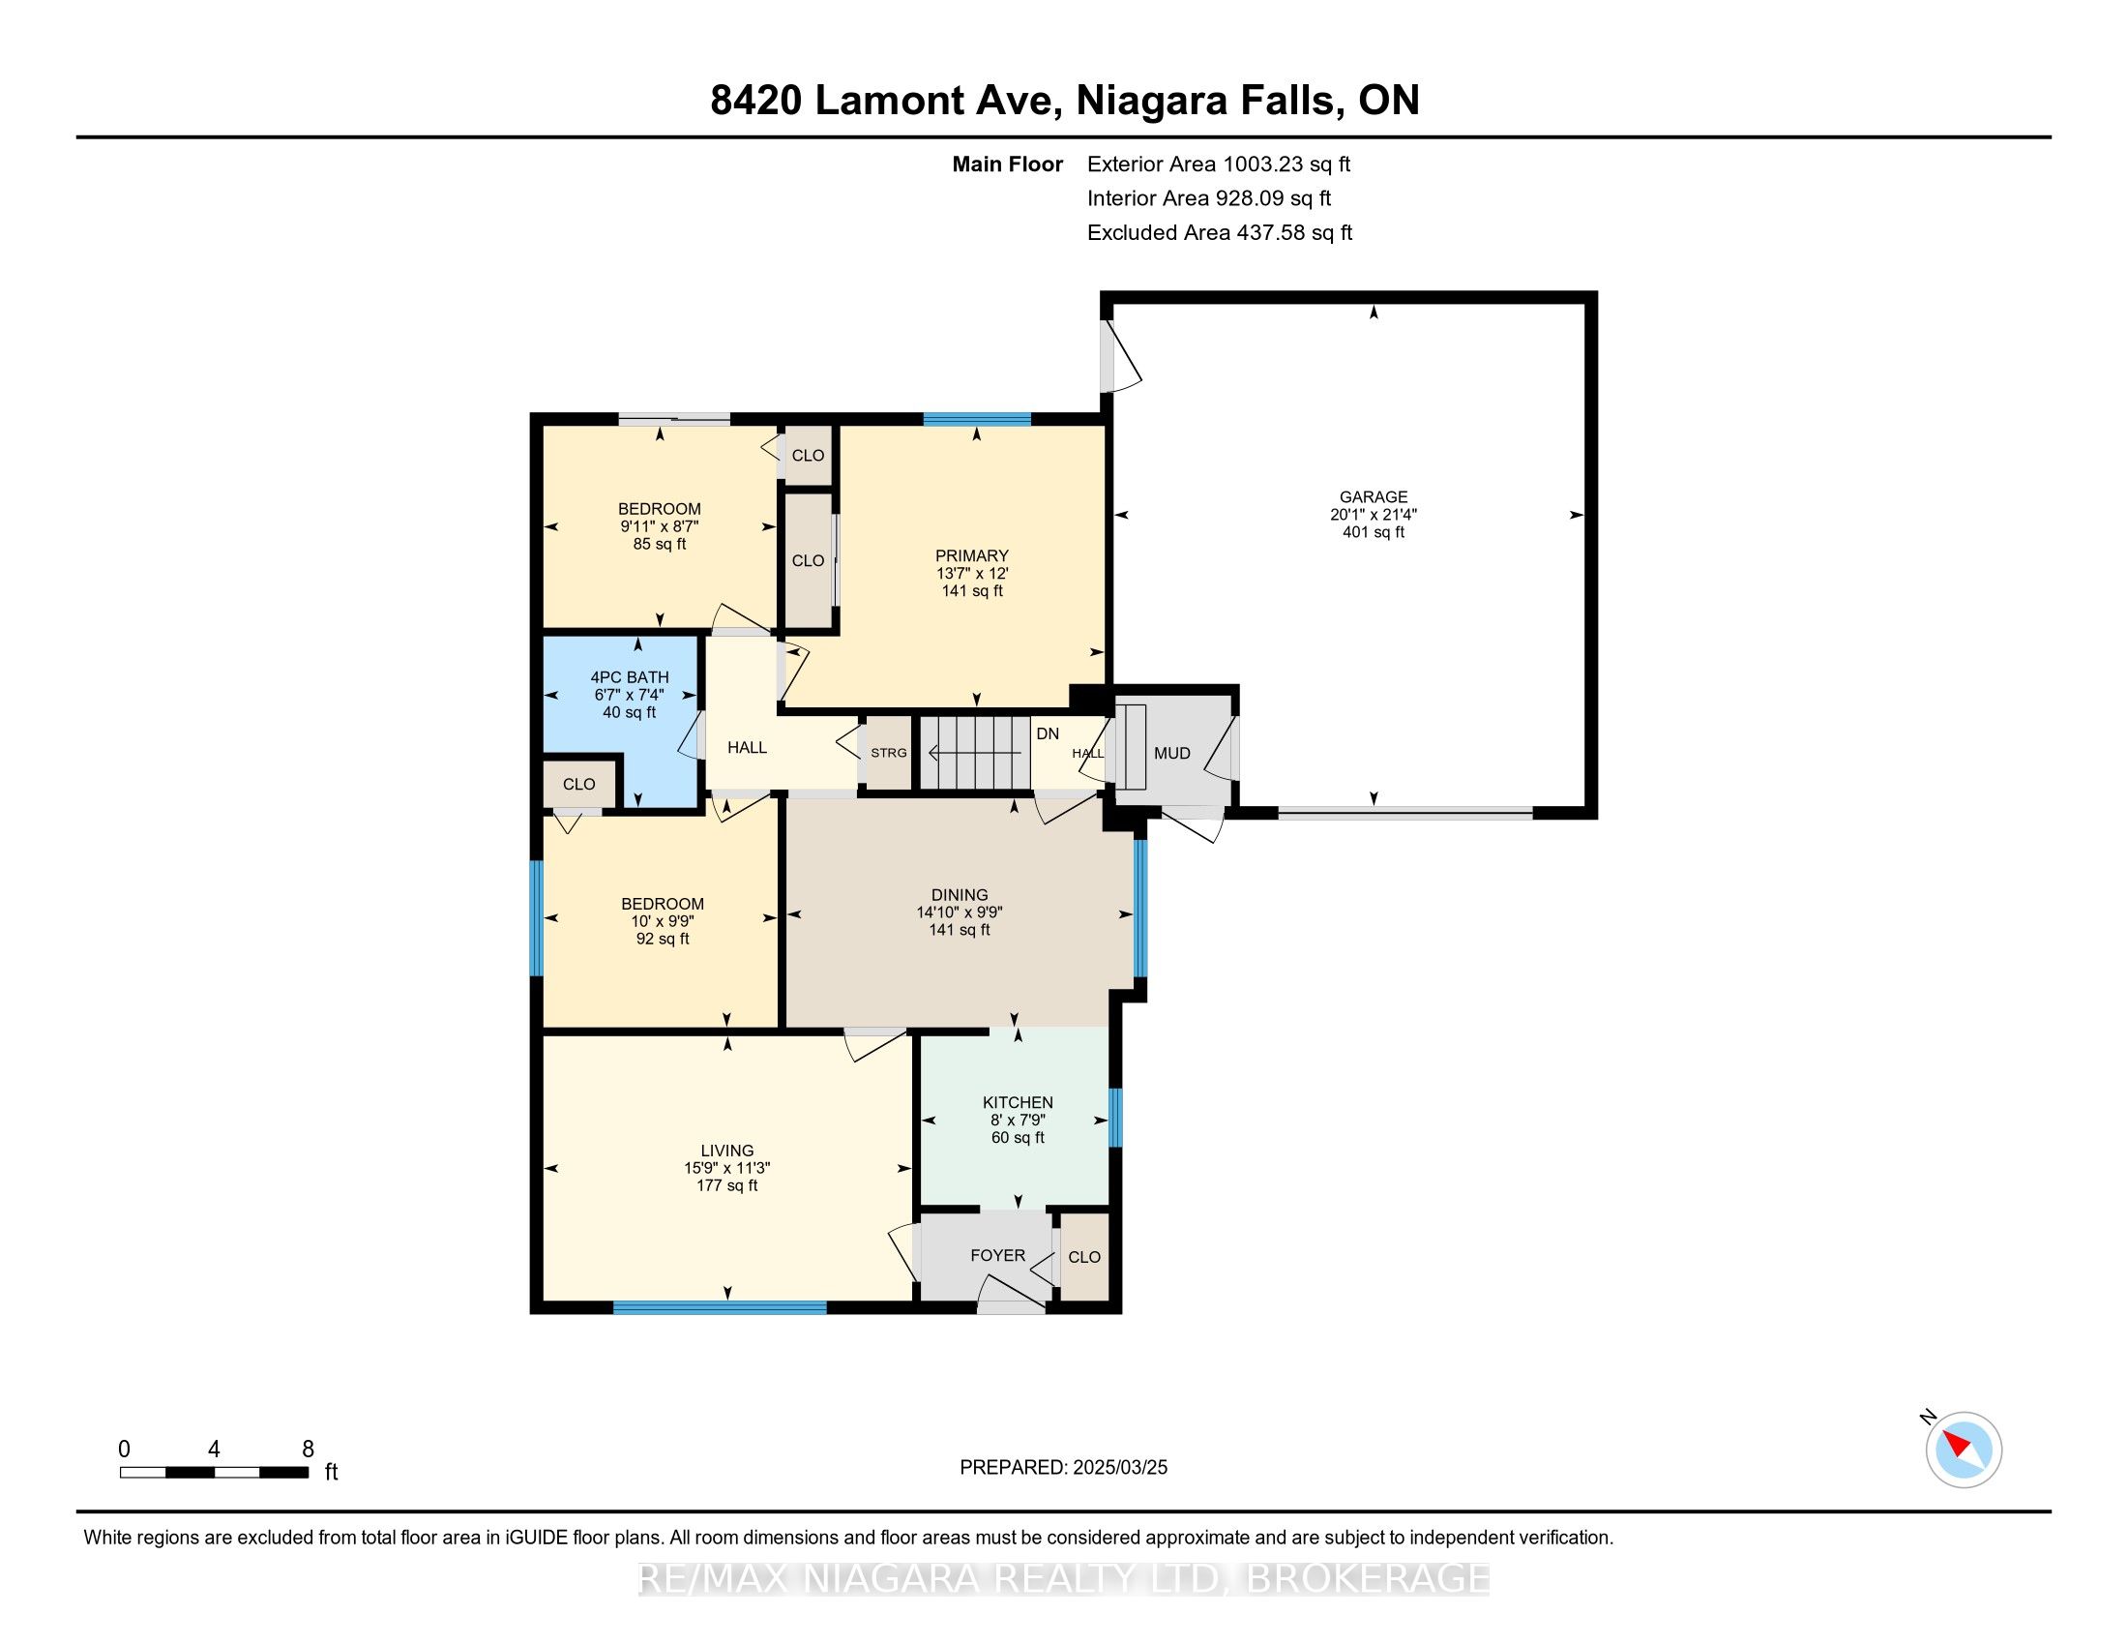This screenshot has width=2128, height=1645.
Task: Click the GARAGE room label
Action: pyautogui.click(x=1373, y=497)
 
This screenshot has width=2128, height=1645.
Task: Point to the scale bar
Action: pyautogui.click(x=215, y=1472)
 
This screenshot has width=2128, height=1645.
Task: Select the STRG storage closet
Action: pyautogui.click(x=889, y=752)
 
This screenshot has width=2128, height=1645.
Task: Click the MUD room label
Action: pyautogui.click(x=1172, y=753)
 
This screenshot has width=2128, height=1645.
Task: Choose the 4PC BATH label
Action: pyautogui.click(x=630, y=677)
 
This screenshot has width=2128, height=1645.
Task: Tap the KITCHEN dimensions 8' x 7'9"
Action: pyautogui.click(x=1018, y=1120)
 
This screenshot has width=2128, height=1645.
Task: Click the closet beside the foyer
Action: pyautogui.click(x=1083, y=1256)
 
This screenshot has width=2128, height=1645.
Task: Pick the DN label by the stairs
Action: pyautogui.click(x=1048, y=733)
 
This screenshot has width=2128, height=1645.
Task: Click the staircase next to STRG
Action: pyautogui.click(x=975, y=752)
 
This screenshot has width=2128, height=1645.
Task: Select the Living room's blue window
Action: pyautogui.click(x=720, y=1308)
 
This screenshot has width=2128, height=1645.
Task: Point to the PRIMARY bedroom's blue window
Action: pyautogui.click(x=977, y=420)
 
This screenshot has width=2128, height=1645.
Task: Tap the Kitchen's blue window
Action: pyautogui.click(x=1115, y=1117)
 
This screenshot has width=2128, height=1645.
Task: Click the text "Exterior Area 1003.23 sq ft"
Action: pyautogui.click(x=1219, y=164)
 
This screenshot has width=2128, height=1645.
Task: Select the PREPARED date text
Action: pyautogui.click(x=1063, y=1467)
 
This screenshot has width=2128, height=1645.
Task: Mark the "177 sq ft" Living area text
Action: pyautogui.click(x=726, y=1185)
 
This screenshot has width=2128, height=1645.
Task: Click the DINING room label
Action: pyautogui.click(x=959, y=895)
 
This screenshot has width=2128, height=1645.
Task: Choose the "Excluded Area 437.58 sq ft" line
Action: pyautogui.click(x=1220, y=232)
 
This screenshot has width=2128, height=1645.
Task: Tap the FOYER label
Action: pyautogui.click(x=998, y=1255)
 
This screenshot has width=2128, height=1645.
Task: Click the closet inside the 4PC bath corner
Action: pyautogui.click(x=578, y=784)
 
